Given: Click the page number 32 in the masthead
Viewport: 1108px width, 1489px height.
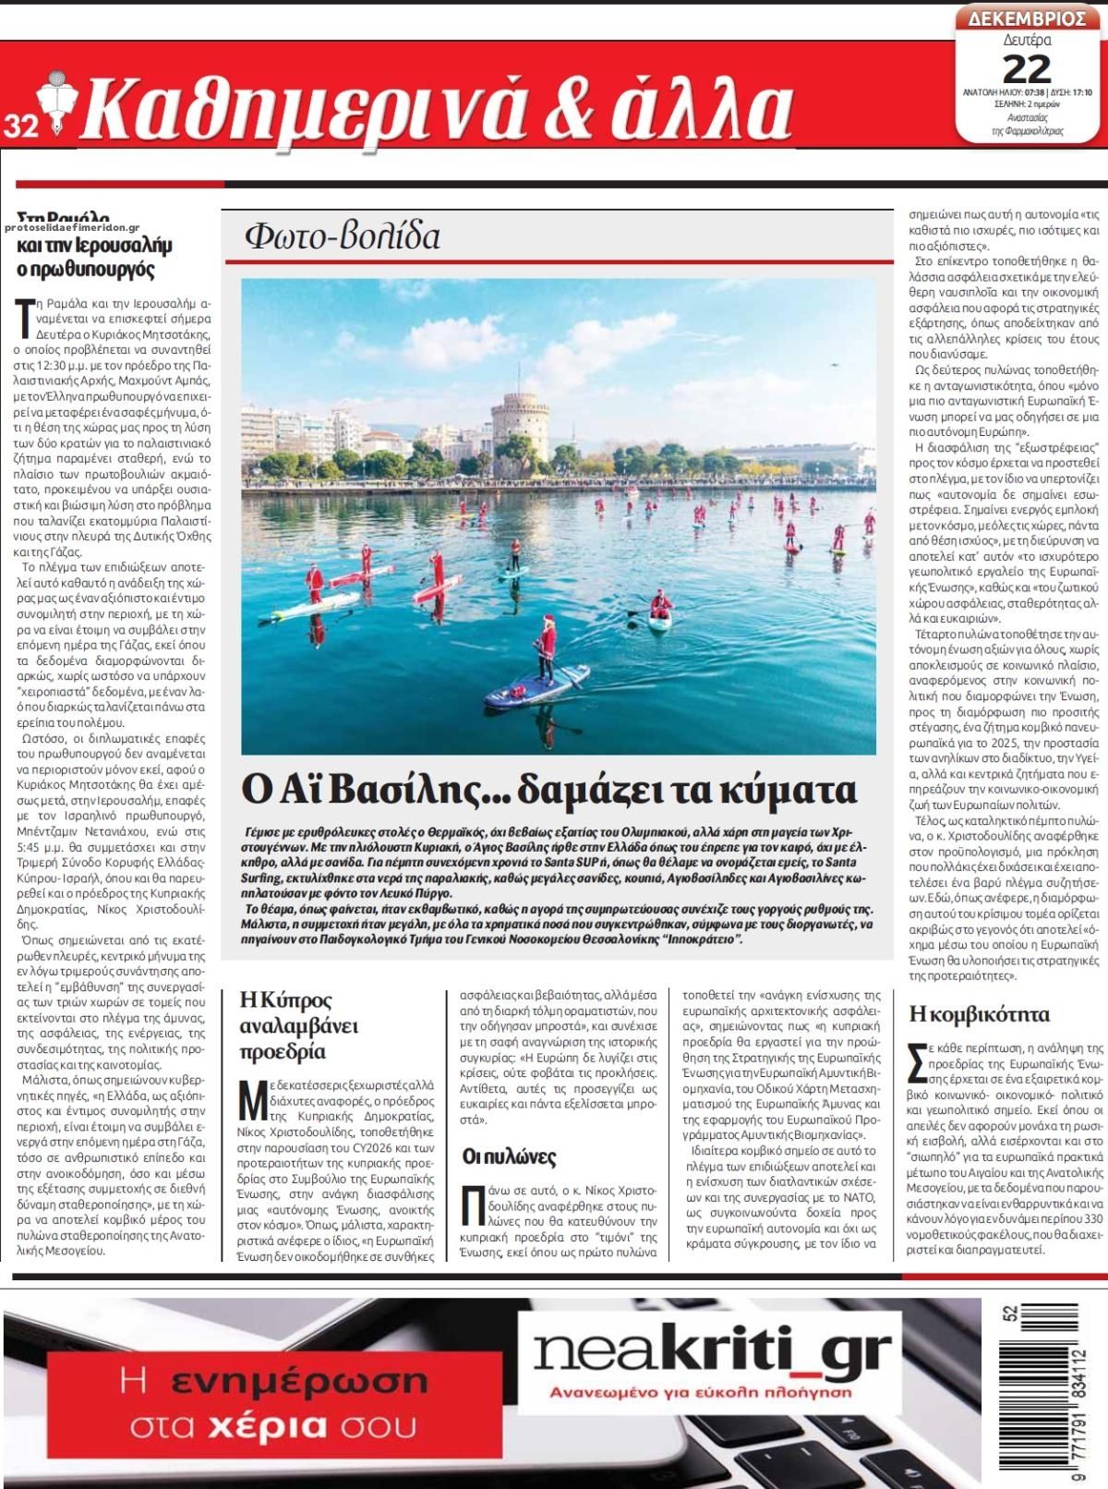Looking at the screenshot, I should tap(18, 127).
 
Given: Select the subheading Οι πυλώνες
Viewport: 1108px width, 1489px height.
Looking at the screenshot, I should tap(509, 1157).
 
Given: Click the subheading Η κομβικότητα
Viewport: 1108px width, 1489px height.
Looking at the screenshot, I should tap(979, 1013).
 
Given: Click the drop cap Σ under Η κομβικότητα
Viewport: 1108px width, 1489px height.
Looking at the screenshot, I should tap(917, 1060).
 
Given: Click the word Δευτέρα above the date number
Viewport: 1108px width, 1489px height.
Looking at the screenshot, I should tap(1027, 41).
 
